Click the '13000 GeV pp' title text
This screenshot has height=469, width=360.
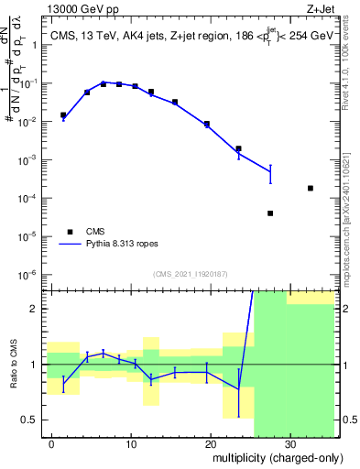pyautogui.click(x=81, y=9)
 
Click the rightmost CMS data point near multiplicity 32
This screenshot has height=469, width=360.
pyautogui.click(x=311, y=188)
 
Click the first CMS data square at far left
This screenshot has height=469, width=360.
pyautogui.click(x=63, y=115)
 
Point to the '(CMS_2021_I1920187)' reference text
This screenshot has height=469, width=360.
pyautogui.click(x=190, y=273)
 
